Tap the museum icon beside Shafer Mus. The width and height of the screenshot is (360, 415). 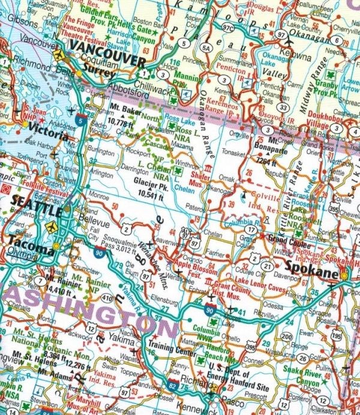click(208, 170)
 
